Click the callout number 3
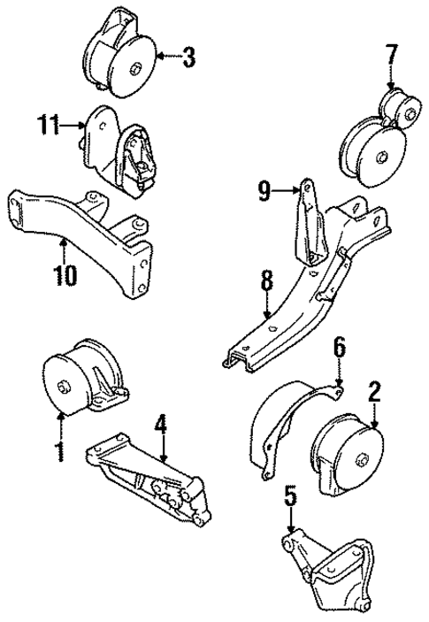click(x=188, y=59)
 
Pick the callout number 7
click(x=391, y=58)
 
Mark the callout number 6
click(x=339, y=349)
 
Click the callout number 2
click(x=374, y=390)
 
